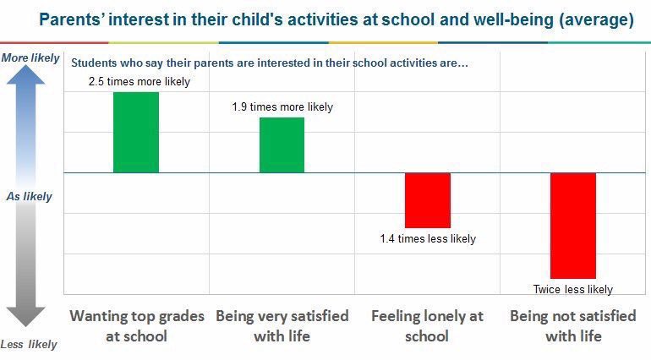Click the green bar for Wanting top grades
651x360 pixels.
(x=136, y=132)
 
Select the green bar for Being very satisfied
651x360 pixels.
(x=282, y=145)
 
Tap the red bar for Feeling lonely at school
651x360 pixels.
(x=428, y=200)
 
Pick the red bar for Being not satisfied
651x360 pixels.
(x=573, y=226)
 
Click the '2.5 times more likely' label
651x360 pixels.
(x=139, y=82)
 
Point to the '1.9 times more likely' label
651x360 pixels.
(x=282, y=107)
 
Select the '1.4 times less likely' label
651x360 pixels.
(x=428, y=239)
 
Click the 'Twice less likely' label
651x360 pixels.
(x=573, y=289)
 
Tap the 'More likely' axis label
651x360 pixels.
(x=30, y=58)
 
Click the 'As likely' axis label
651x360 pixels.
(x=30, y=196)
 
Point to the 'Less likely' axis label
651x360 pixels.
(x=29, y=344)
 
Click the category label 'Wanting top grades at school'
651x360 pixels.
(x=137, y=325)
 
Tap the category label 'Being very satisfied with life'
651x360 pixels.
(x=282, y=325)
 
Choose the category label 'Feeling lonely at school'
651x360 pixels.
(x=428, y=325)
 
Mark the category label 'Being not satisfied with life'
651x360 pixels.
(x=573, y=325)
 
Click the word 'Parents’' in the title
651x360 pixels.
(x=72, y=19)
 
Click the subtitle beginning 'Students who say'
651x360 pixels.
(x=269, y=63)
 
